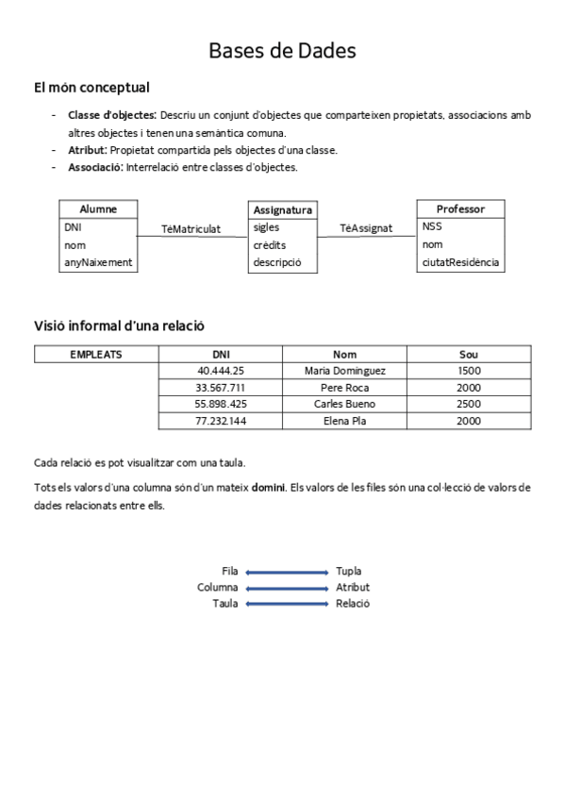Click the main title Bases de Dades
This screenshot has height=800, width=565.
[282, 51]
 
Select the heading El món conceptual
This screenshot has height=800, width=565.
[91, 88]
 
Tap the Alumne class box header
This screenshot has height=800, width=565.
[98, 208]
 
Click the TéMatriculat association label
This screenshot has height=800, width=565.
[191, 228]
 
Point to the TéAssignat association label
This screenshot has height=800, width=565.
[366, 228]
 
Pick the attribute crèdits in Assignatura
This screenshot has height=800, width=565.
[270, 245]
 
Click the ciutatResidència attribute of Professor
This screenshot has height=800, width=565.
[460, 262]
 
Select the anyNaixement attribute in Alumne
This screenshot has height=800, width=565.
[98, 262]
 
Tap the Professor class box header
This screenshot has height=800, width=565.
[460, 208]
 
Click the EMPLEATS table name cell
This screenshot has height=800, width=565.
[96, 355]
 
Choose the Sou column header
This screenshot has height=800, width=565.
[469, 355]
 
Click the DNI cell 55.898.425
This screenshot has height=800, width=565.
[221, 404]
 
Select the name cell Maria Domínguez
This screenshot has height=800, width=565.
[345, 371]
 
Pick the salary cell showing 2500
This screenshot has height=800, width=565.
[469, 404]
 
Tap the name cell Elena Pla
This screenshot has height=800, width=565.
[345, 421]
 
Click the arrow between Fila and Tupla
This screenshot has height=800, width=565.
[287, 572]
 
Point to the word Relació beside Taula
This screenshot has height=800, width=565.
[353, 604]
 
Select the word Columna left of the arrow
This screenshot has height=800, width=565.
[217, 588]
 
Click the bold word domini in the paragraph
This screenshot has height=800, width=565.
[269, 488]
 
